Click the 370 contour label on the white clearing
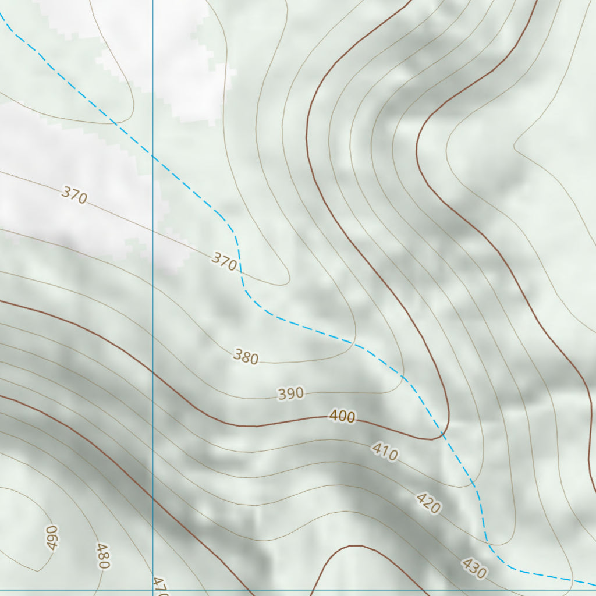[x=74, y=196]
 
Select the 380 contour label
[x=246, y=356]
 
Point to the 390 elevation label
[x=290, y=394]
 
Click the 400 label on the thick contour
[x=342, y=416]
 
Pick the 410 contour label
[x=385, y=452]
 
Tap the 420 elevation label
[x=428, y=503]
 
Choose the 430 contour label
[x=474, y=569]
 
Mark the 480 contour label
[x=103, y=556]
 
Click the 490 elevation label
[x=52, y=537]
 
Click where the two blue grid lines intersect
[x=152, y=590]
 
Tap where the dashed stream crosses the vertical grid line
[x=152, y=155]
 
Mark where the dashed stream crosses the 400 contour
[x=444, y=435]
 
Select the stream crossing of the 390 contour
[x=403, y=375]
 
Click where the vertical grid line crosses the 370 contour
[x=152, y=230]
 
